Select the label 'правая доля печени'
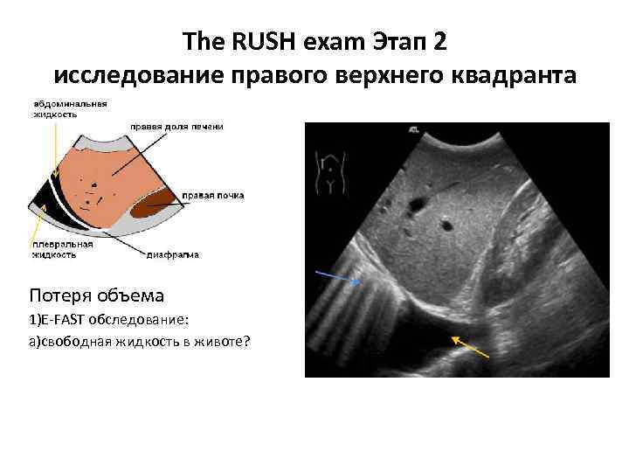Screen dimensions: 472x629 pos(176,127)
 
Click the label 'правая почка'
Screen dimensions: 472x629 pos(213,194)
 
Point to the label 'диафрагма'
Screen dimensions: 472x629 pos(172,255)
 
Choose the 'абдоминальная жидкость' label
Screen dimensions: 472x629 pos(71,108)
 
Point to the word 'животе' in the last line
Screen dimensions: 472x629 pos(223,341)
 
